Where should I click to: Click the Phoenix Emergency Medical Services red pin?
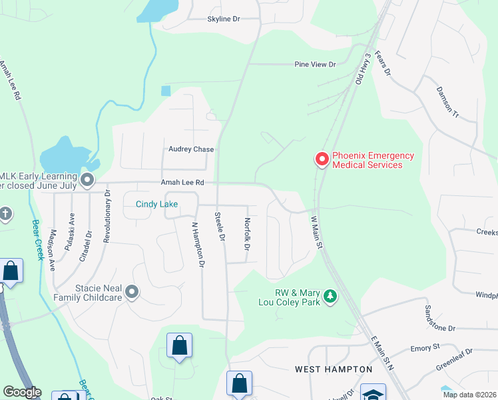tap(322, 159)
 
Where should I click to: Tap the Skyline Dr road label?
tap(223, 19)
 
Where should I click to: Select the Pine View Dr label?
tap(316, 65)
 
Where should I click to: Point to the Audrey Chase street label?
tap(191, 149)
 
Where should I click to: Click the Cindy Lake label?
tap(157, 204)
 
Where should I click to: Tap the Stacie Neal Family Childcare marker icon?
tap(132, 291)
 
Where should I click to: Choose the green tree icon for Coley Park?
tap(329, 296)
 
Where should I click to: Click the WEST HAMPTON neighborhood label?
tap(334, 369)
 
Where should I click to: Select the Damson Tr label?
tap(447, 101)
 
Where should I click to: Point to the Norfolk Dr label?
tap(246, 234)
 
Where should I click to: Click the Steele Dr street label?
tap(218, 227)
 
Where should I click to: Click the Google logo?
tap(21, 392)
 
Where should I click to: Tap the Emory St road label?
tap(425, 347)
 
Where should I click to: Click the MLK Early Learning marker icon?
tap(87, 179)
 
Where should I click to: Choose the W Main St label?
tap(316, 232)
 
